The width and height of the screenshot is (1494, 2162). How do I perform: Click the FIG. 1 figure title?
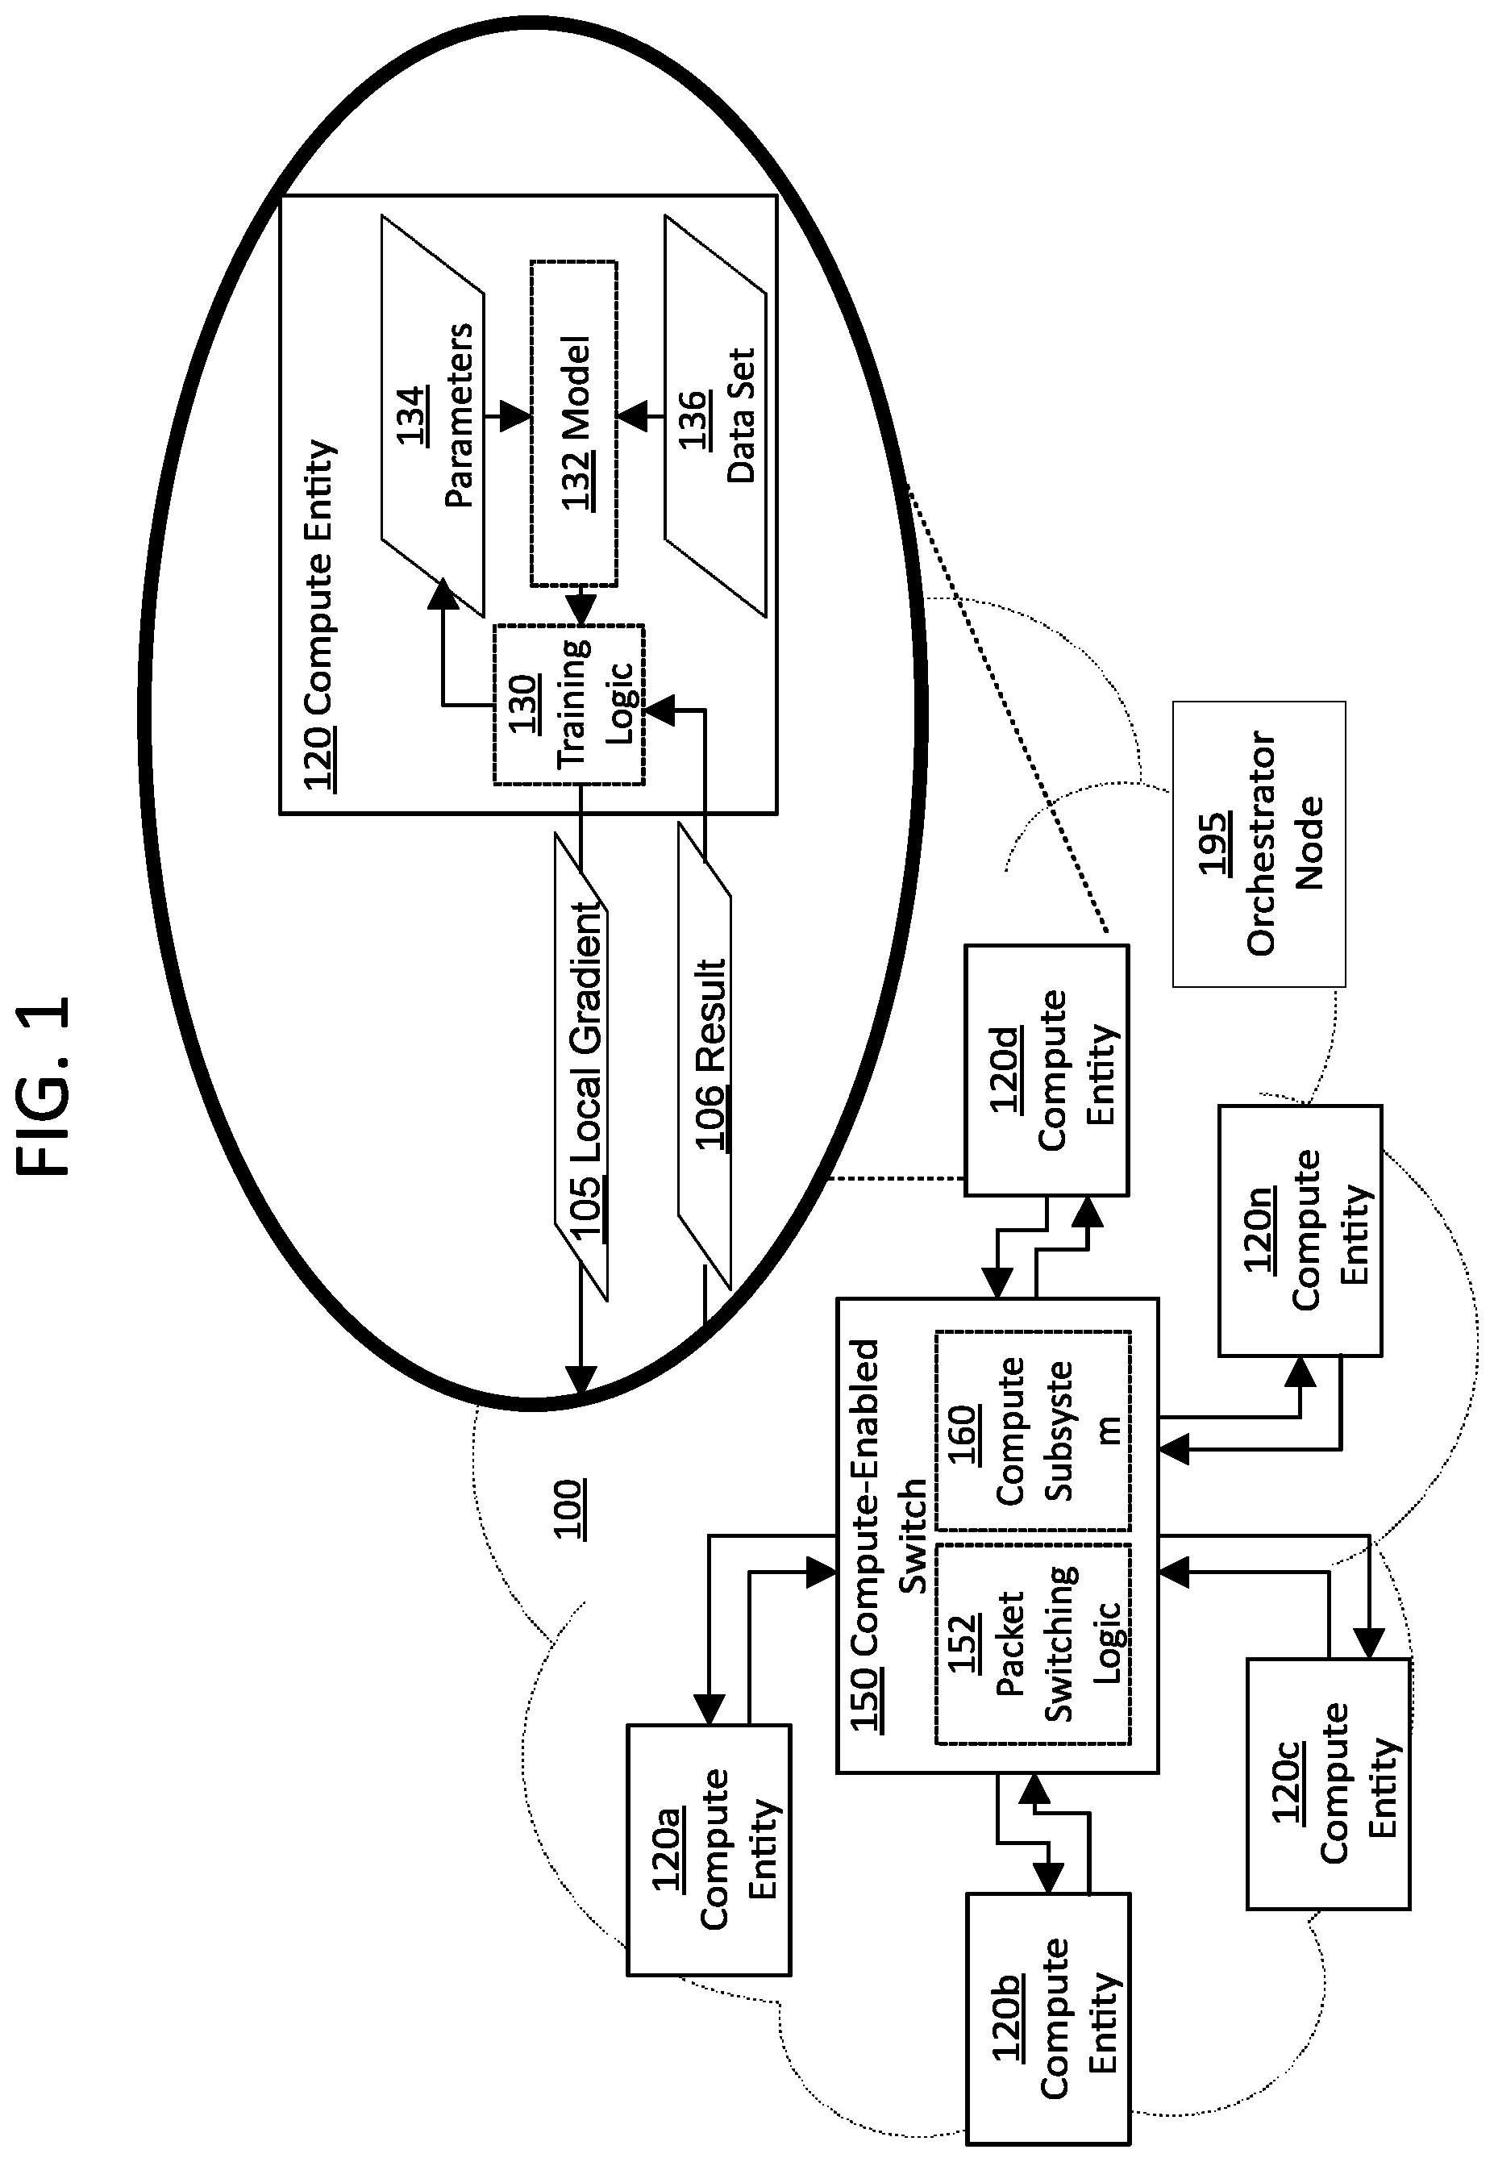coord(44,1086)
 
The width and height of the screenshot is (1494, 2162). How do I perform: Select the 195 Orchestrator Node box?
coord(1259,844)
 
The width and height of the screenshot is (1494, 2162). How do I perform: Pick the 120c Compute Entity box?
coord(1328,1784)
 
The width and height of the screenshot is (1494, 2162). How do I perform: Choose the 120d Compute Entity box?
coord(1047,1070)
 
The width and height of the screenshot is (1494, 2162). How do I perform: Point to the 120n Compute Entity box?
coord(1300,1231)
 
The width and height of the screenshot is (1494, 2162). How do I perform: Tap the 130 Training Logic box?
coord(569,704)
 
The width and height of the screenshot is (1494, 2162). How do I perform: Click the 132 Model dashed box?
coord(574,423)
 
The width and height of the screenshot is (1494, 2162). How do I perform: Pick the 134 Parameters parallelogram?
coord(432,416)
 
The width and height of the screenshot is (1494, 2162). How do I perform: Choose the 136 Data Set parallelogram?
coord(715,416)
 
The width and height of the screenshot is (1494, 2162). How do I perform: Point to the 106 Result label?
coord(710,1053)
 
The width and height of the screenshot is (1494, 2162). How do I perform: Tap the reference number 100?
coord(570,1509)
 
